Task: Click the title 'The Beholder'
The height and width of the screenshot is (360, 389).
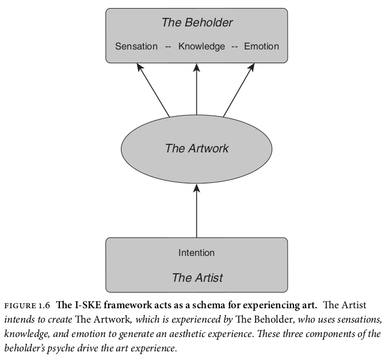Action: click(x=197, y=22)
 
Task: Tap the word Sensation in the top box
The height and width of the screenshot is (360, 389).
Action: click(x=136, y=47)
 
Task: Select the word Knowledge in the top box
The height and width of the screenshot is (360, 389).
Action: click(x=201, y=47)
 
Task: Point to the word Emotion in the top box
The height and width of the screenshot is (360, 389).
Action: click(x=261, y=47)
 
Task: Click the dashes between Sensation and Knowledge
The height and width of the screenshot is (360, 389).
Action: click(x=168, y=47)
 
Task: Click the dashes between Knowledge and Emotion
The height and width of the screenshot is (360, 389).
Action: click(x=234, y=47)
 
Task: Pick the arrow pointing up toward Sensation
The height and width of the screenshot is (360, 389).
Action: click(x=153, y=90)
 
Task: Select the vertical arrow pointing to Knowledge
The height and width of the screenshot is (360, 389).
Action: click(x=197, y=89)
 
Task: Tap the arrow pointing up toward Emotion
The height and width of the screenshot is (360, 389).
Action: click(x=239, y=90)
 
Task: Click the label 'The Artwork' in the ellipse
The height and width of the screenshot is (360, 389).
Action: click(x=197, y=148)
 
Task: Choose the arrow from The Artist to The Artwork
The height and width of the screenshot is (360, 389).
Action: click(x=197, y=210)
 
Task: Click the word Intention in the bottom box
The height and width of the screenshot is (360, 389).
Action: click(x=196, y=252)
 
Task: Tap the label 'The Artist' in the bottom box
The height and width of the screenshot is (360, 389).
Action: click(x=197, y=277)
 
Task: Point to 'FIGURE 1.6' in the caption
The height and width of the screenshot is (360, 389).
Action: click(x=27, y=305)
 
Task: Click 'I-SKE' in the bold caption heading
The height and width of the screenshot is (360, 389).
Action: click(x=88, y=305)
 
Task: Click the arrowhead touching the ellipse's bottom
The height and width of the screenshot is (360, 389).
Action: click(x=197, y=187)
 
